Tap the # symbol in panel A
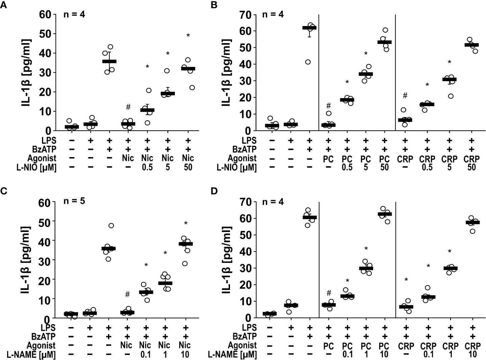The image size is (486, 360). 128,107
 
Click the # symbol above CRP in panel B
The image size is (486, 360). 405,96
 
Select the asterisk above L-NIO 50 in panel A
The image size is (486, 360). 188,36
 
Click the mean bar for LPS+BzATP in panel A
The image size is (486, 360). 109,61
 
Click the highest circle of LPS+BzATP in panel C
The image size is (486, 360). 111,225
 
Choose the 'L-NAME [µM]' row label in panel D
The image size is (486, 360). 232,355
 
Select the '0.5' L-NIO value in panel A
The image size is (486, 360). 147,167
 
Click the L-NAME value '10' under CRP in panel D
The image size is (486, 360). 472,355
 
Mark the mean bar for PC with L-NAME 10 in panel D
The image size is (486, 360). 385,214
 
